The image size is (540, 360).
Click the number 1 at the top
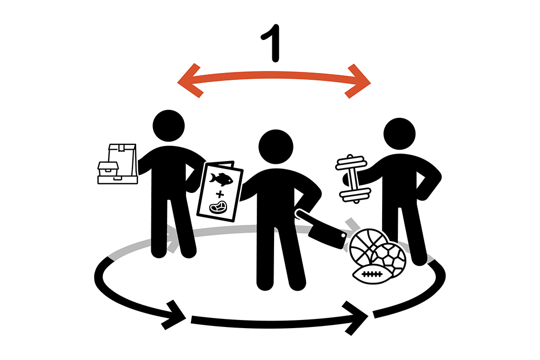[x=272, y=43]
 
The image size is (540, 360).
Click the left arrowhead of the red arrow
[x=189, y=81]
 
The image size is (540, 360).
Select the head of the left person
[x=169, y=126]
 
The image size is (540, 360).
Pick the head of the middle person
[x=276, y=146]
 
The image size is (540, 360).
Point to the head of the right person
[x=399, y=134]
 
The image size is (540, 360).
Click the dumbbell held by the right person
[x=352, y=179]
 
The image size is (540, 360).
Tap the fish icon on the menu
[x=221, y=179]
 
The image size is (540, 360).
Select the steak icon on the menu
[x=218, y=208]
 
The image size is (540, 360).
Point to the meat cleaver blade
[x=327, y=236]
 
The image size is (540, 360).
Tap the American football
[x=371, y=274]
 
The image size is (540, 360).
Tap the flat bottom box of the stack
[x=117, y=180]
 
